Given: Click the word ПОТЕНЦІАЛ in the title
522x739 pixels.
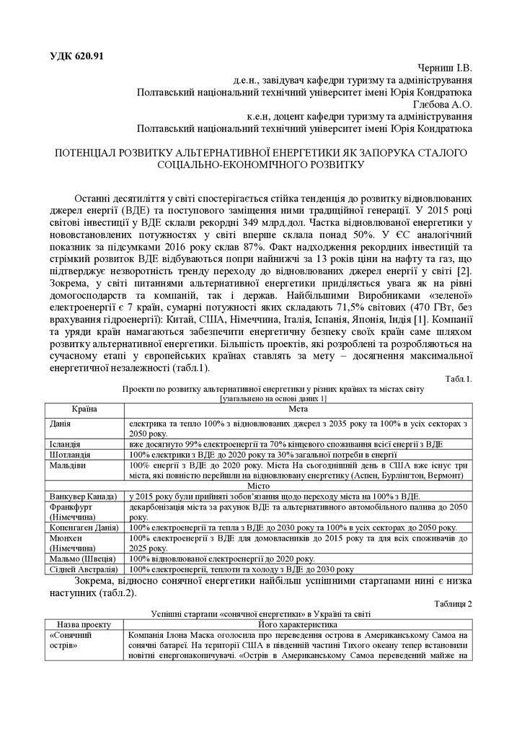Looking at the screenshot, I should pos(89,153).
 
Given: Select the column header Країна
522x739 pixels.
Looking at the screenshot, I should pos(84,409).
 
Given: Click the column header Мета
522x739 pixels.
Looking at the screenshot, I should pos(298,409).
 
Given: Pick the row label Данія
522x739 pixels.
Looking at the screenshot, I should pos(61,422).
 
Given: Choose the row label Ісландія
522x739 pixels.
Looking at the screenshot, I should pos(65,444).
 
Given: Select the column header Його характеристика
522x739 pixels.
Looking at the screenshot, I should pos(298,624).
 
